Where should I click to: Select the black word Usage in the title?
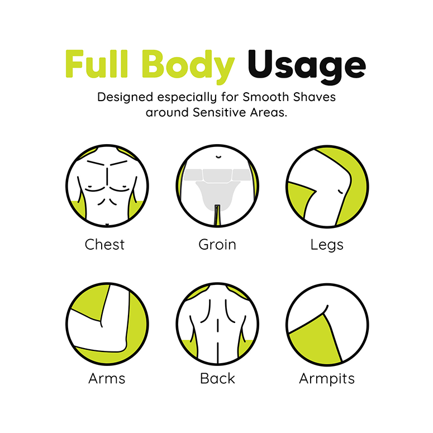[x=306, y=66]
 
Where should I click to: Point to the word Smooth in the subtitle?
[x=263, y=97]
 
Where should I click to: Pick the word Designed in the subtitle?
[x=124, y=97]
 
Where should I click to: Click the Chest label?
[x=104, y=244]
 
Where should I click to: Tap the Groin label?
[x=217, y=244]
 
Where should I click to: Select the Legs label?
[x=327, y=245]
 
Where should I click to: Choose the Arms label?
[x=106, y=378]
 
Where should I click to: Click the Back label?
[x=217, y=378]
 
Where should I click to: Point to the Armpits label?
[x=327, y=379]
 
